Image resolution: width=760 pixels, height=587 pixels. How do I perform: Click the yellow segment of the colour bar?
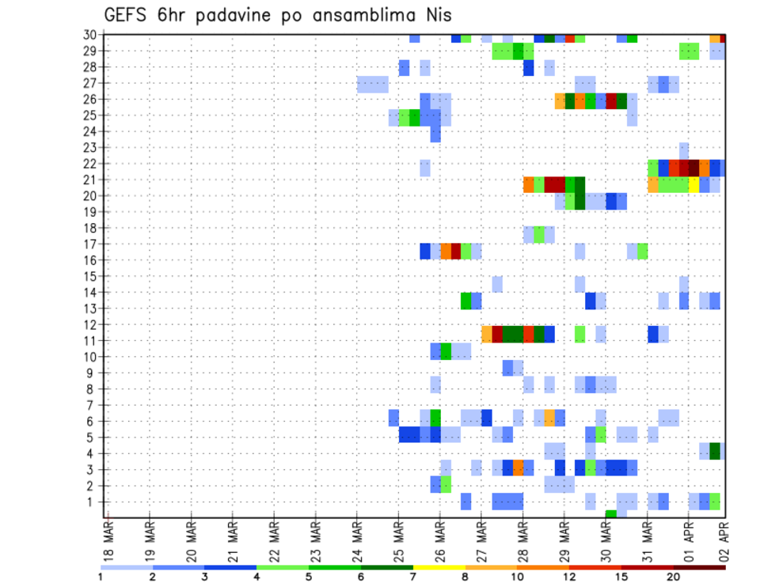click(439, 567)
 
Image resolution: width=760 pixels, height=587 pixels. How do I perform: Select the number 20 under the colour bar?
click(674, 578)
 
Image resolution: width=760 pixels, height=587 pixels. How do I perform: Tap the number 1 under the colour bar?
click(101, 578)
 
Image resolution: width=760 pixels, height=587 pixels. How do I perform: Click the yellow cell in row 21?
click(693, 184)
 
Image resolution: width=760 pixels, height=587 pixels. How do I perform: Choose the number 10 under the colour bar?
click(517, 578)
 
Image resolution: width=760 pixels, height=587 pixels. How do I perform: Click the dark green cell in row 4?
click(715, 450)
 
